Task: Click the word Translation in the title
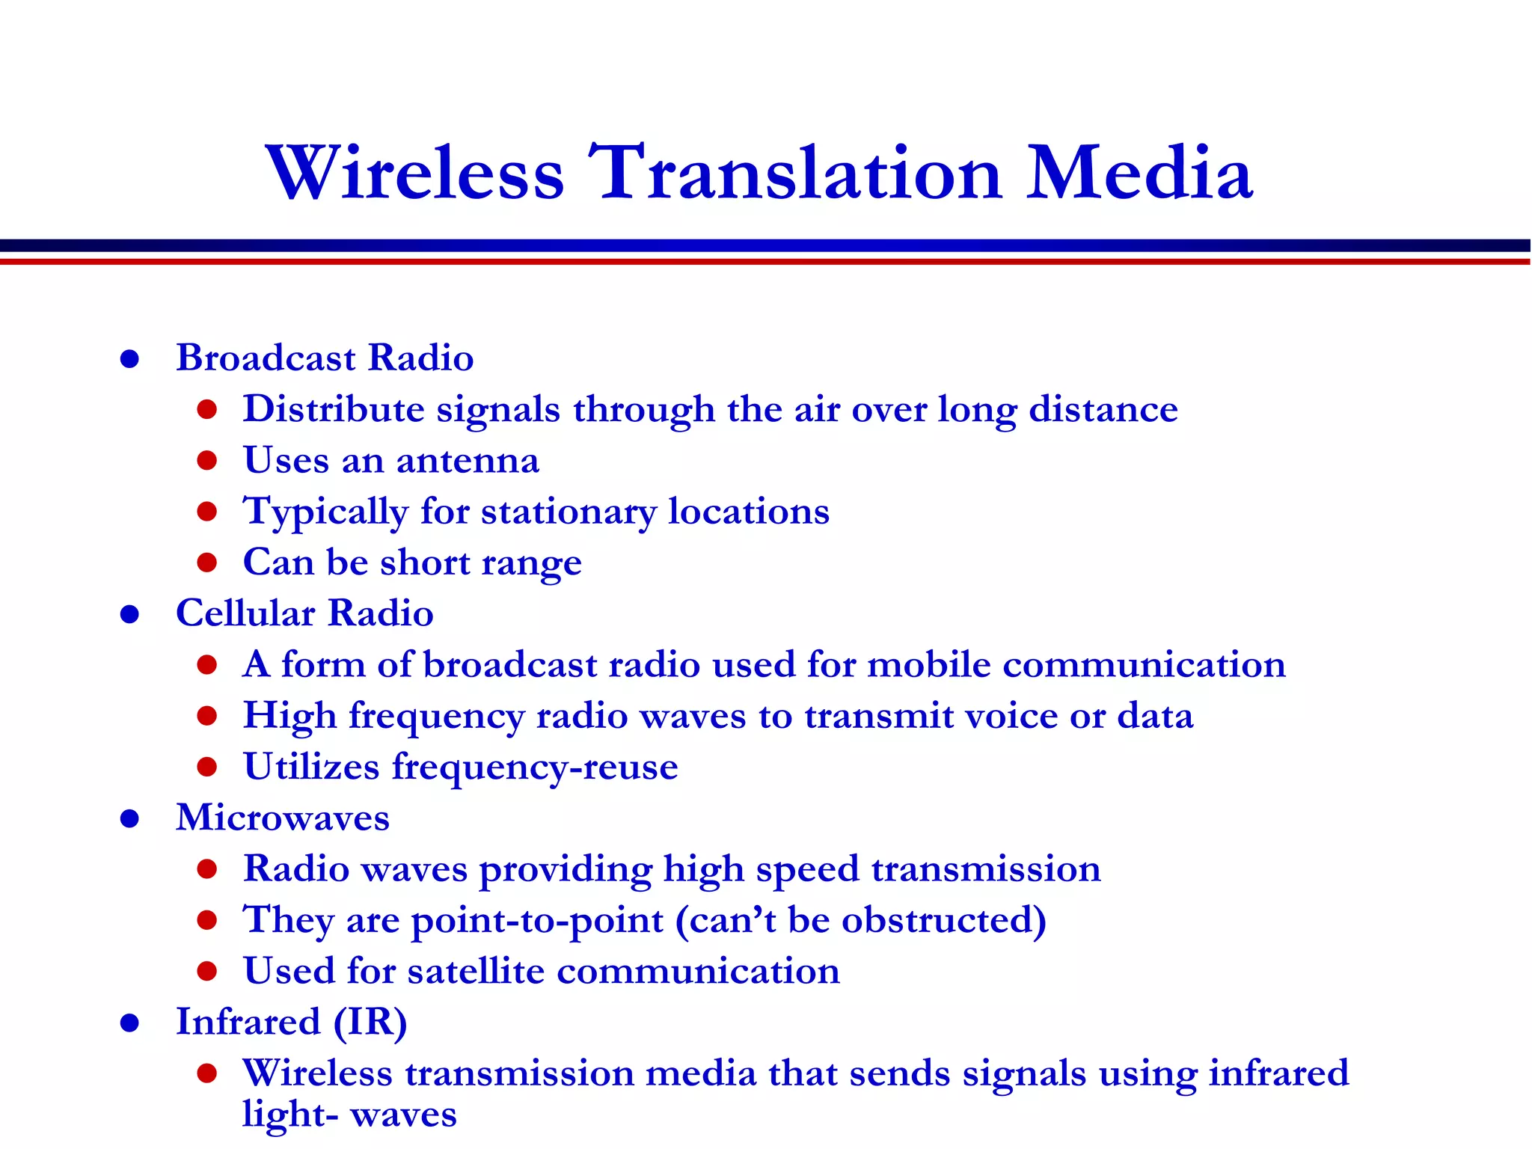pyautogui.click(x=794, y=174)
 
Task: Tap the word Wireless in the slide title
pyautogui.click(x=415, y=174)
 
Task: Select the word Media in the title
pyautogui.click(x=1139, y=174)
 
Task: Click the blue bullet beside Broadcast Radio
pyautogui.click(x=130, y=359)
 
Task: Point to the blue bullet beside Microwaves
pyautogui.click(x=130, y=818)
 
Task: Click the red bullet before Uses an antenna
pyautogui.click(x=207, y=460)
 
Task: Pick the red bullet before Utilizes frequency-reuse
pyautogui.click(x=207, y=767)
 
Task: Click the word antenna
pyautogui.click(x=468, y=461)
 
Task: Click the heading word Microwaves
pyautogui.click(x=283, y=818)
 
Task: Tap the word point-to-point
pyautogui.click(x=537, y=921)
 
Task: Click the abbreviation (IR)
pyautogui.click(x=370, y=1023)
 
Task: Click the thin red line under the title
pyautogui.click(x=766, y=261)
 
